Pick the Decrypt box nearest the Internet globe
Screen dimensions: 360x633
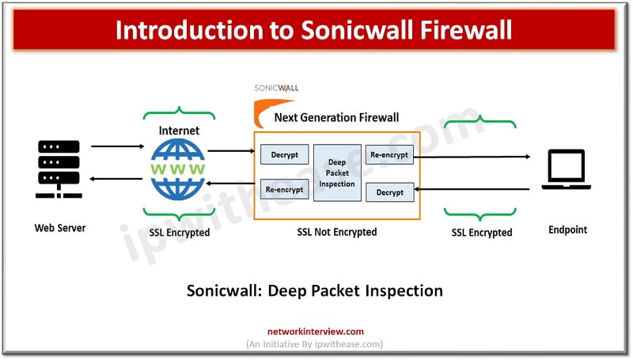(x=284, y=154)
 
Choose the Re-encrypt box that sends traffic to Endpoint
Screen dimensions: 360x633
(x=389, y=154)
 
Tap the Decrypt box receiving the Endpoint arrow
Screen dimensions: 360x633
(x=389, y=191)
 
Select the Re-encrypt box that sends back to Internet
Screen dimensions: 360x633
(x=284, y=190)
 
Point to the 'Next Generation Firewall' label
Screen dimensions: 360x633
(x=336, y=117)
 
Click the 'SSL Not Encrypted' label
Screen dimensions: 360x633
(x=337, y=232)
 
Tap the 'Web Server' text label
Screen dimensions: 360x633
(x=59, y=228)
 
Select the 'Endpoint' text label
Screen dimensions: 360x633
(x=569, y=230)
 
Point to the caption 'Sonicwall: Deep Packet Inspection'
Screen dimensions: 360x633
(x=314, y=290)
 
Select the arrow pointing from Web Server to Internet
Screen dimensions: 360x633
(x=116, y=146)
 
